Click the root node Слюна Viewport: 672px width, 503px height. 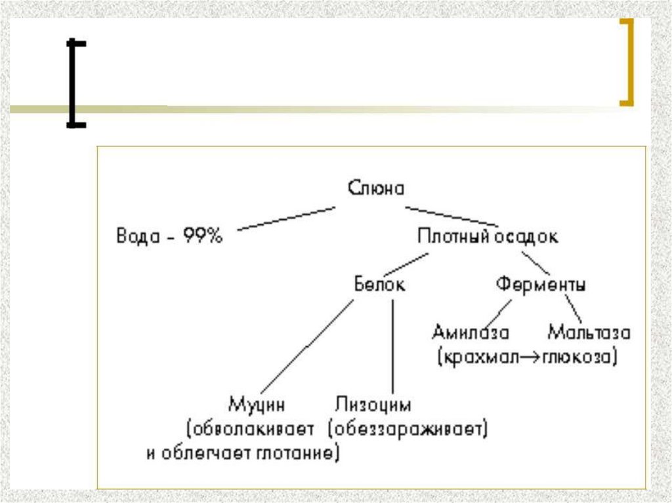pos(376,189)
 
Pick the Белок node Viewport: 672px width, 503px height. pos(379,285)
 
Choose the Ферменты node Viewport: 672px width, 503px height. pos(541,285)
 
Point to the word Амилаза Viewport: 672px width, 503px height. pos(470,332)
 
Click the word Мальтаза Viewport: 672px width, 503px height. pos(589,332)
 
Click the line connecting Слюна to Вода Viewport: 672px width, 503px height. pos(285,219)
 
